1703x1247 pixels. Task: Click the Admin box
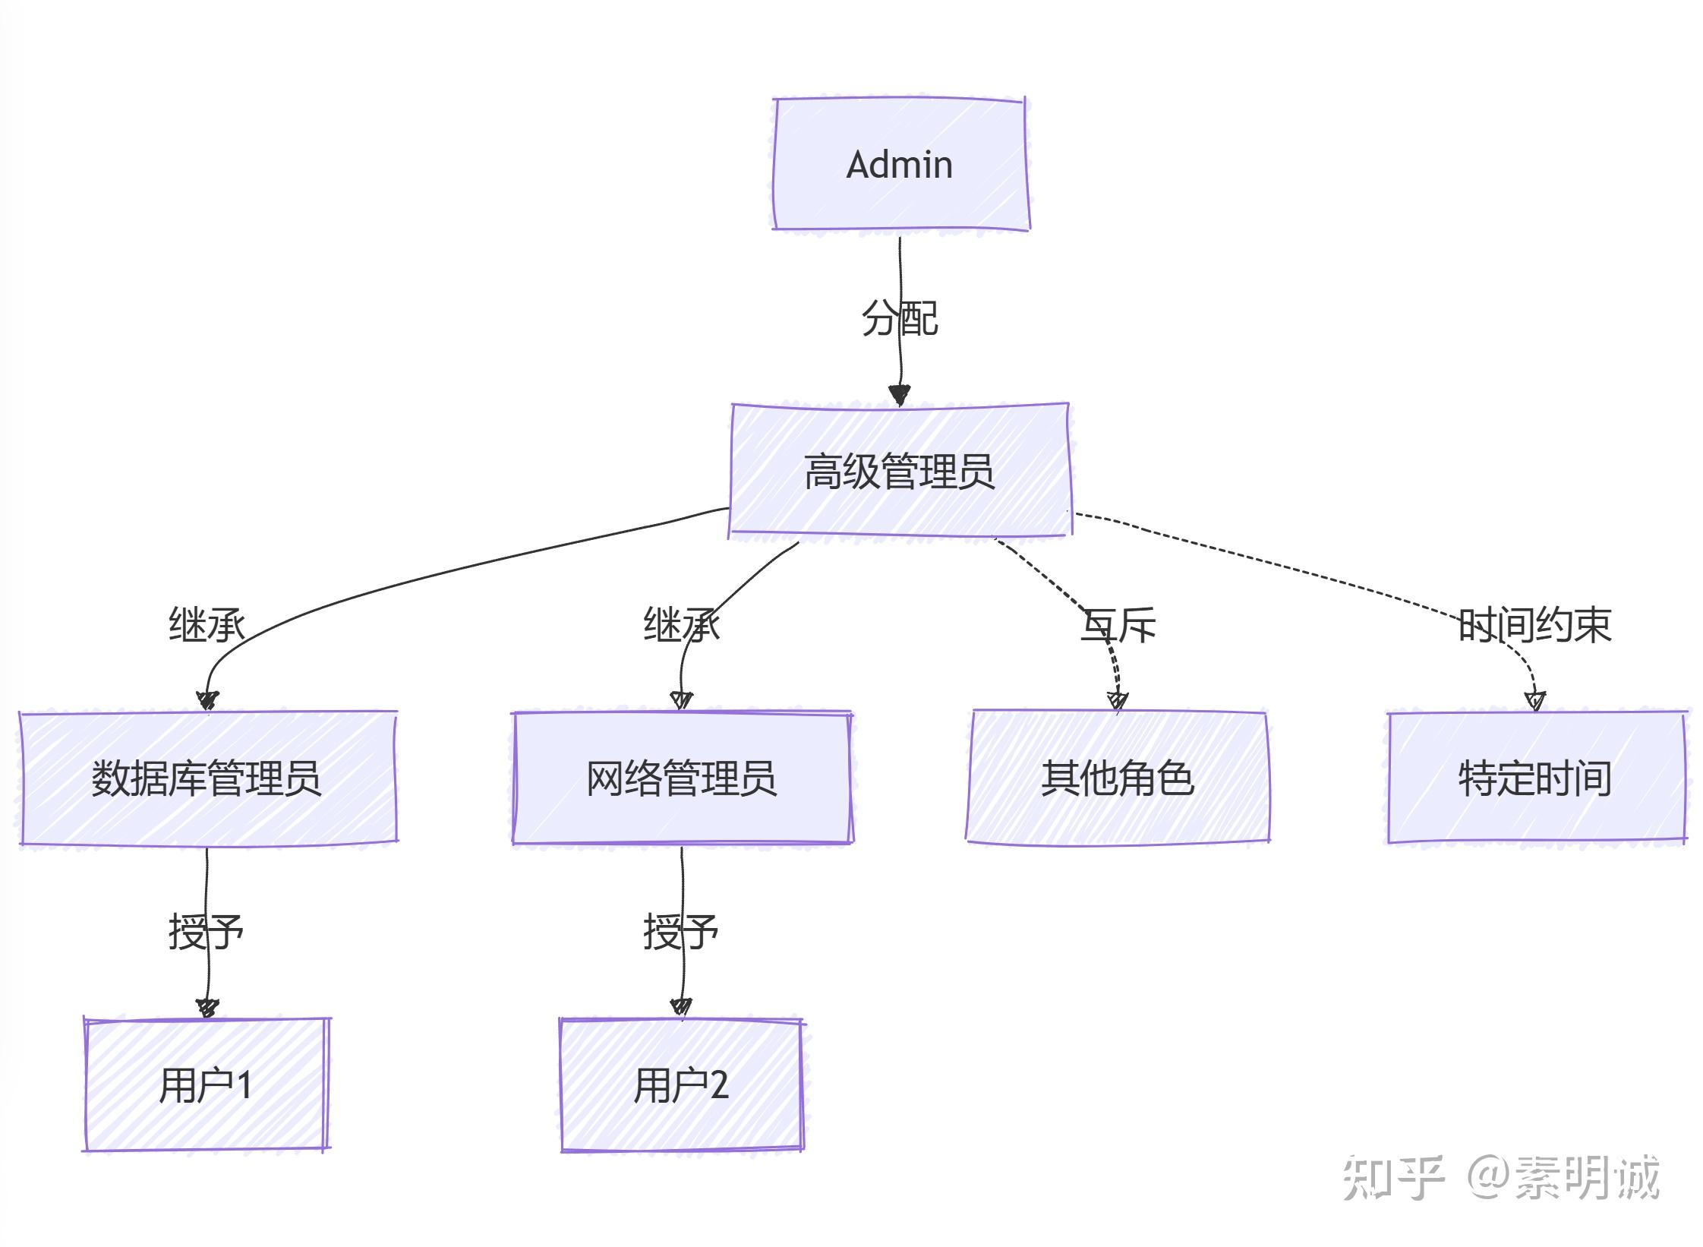[x=900, y=164]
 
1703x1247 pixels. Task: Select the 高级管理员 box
[x=900, y=471]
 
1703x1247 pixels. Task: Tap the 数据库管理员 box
[x=207, y=778]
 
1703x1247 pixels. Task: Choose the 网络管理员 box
[x=681, y=778]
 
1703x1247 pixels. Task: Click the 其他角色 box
[x=1117, y=778]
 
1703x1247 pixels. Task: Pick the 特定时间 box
[x=1534, y=778]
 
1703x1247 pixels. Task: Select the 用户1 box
[x=205, y=1084]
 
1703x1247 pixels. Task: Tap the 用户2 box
[x=681, y=1084]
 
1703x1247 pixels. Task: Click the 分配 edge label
[x=900, y=317]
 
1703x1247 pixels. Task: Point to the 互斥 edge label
[x=1118, y=624]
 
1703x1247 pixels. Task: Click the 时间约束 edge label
[x=1534, y=624]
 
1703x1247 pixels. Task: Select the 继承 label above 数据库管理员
[x=207, y=624]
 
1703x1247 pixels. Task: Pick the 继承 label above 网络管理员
[x=681, y=624]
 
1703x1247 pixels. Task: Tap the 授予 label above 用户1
[x=206, y=931]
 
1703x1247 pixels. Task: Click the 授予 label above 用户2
[x=681, y=931]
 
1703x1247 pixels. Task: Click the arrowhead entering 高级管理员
[x=900, y=395]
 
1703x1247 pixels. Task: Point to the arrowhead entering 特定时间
[x=1535, y=700]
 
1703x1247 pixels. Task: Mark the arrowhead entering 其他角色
[x=1117, y=700]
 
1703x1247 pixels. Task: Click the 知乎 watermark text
[x=1392, y=1178]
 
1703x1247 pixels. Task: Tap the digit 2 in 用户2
[x=719, y=1084]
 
